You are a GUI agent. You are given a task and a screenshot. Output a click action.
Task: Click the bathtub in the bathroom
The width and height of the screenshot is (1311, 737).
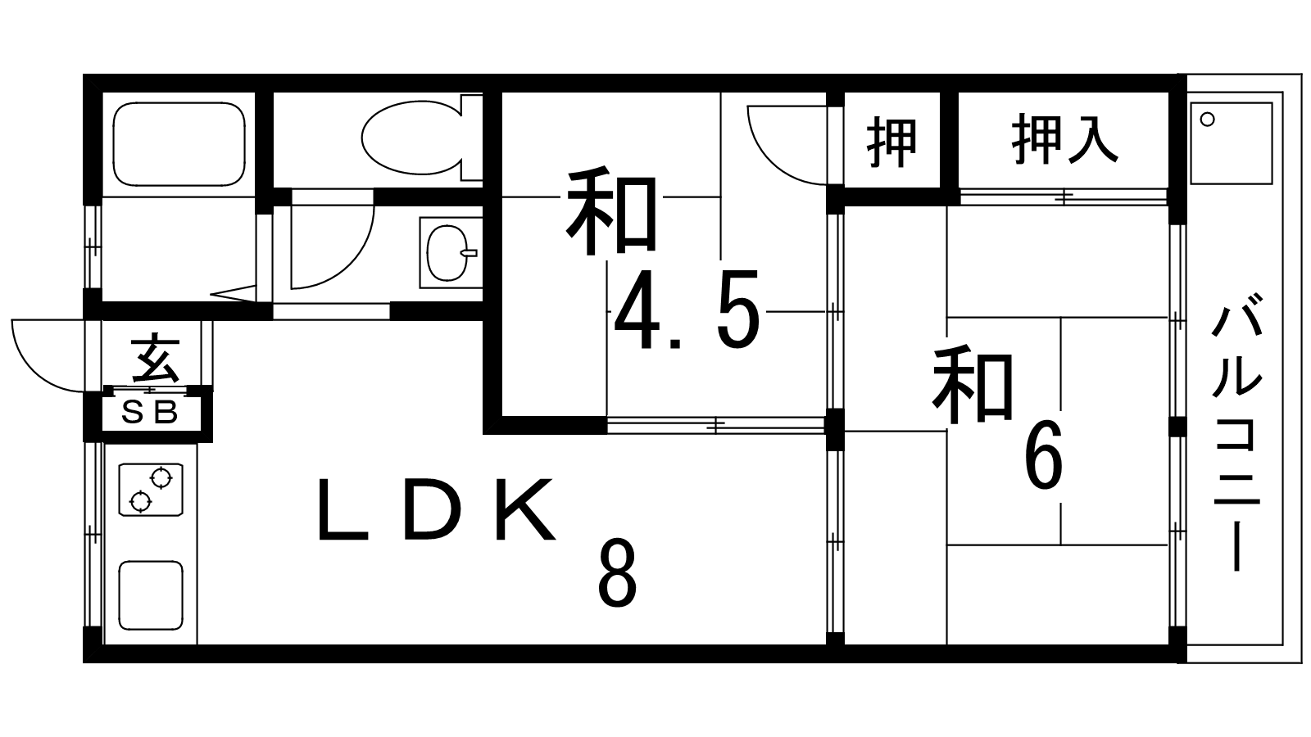click(x=179, y=144)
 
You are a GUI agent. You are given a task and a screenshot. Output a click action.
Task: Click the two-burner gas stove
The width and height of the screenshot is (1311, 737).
click(x=151, y=490)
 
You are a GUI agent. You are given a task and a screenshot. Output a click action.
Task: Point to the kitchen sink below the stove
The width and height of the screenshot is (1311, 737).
click(x=151, y=595)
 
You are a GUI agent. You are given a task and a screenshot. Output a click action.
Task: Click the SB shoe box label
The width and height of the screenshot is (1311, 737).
click(x=149, y=414)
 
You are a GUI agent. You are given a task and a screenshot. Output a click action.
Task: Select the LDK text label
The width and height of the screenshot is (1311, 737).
click(x=436, y=509)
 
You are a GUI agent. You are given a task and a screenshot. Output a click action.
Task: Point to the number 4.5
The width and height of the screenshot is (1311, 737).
click(x=687, y=310)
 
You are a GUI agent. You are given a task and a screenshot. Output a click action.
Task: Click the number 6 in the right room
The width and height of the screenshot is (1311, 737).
click(x=1044, y=454)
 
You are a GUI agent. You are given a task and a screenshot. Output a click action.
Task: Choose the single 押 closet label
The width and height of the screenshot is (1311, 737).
click(x=892, y=142)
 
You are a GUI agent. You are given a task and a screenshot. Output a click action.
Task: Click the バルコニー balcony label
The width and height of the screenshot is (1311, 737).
click(x=1236, y=438)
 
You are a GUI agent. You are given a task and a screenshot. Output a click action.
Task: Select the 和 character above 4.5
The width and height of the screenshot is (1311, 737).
click(x=611, y=211)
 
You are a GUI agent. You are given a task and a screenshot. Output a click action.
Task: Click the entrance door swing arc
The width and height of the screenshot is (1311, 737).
click(x=48, y=355)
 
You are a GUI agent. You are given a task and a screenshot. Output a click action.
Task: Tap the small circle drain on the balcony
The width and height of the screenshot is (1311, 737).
click(x=1208, y=120)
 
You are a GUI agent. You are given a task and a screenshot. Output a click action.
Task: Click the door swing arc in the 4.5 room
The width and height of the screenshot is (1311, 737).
click(x=787, y=145)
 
